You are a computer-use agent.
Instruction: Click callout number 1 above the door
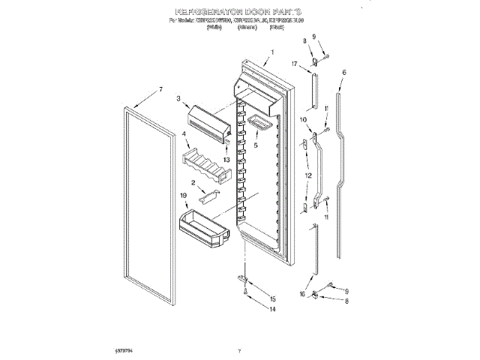click(x=272, y=52)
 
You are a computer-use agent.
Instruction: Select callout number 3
click(x=179, y=97)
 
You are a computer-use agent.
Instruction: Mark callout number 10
click(x=303, y=120)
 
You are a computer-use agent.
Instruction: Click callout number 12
click(x=307, y=175)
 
